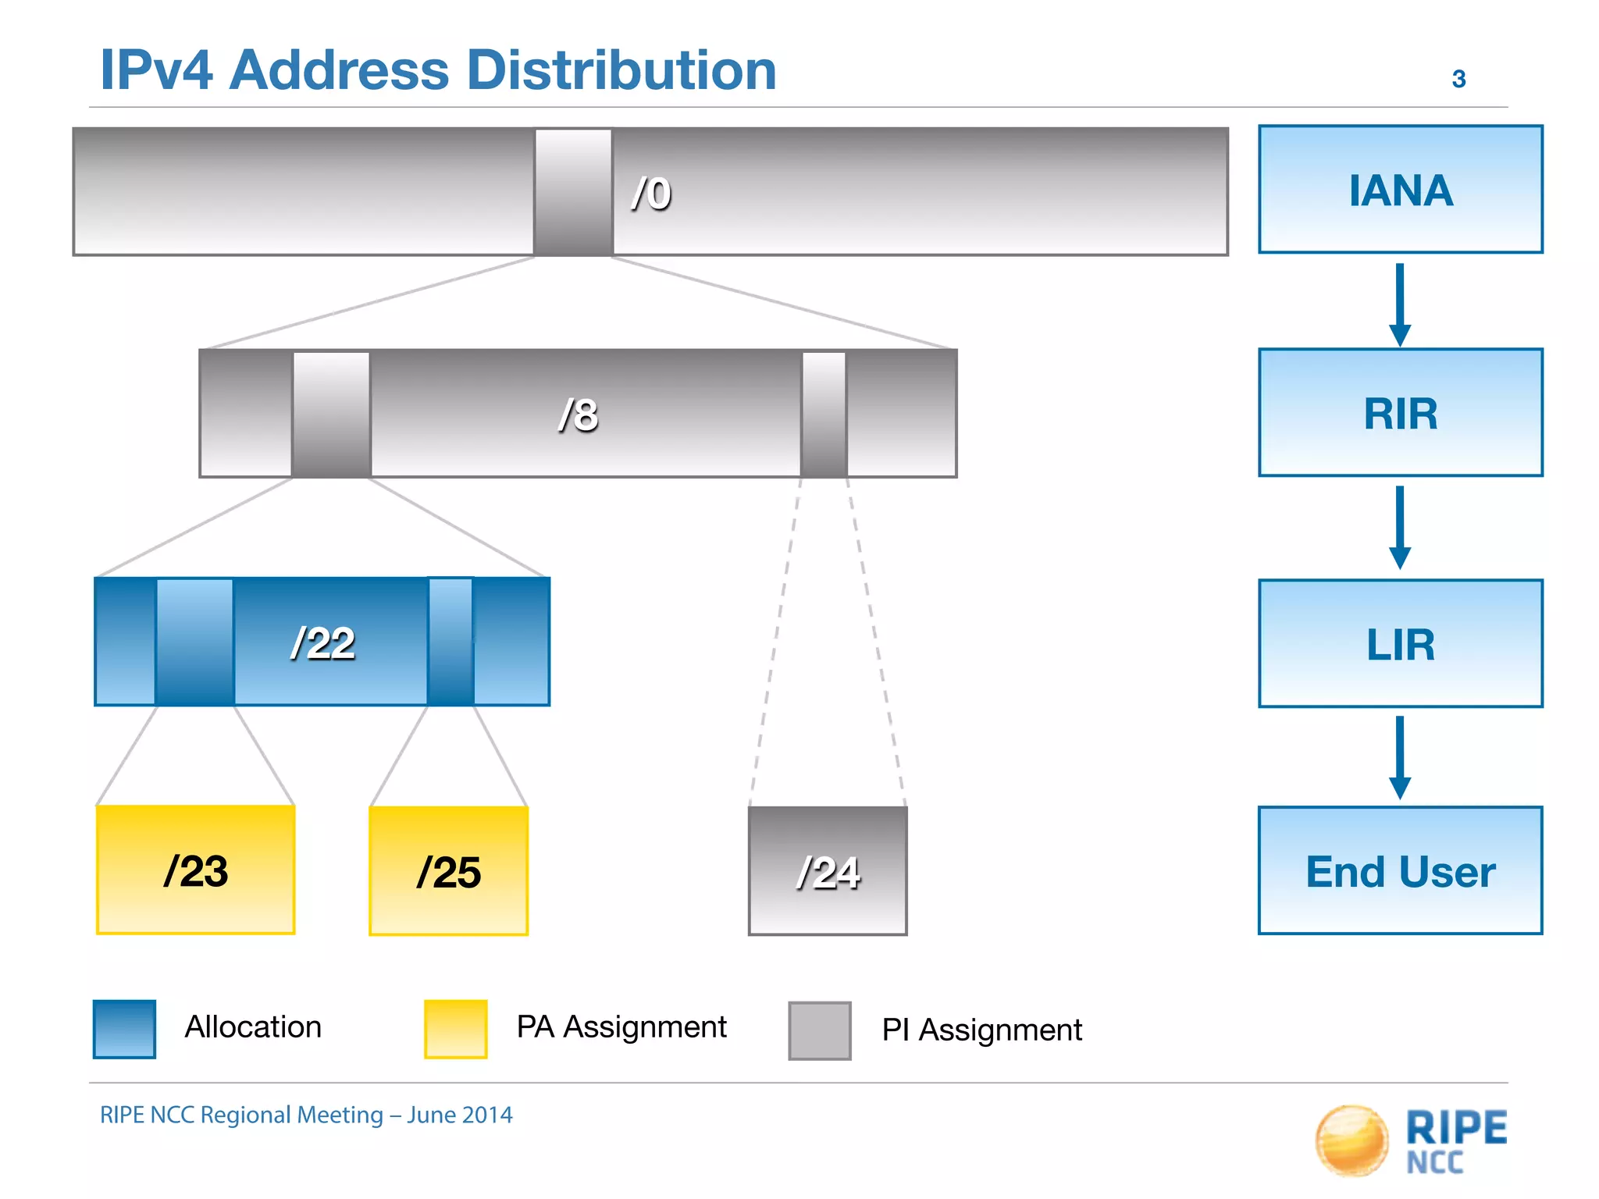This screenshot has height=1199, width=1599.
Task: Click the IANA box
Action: pyautogui.click(x=1400, y=190)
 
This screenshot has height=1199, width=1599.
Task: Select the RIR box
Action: pyautogui.click(x=1400, y=413)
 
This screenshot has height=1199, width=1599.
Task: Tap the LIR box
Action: pyautogui.click(x=1400, y=644)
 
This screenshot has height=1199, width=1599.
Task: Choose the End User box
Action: pyautogui.click(x=1400, y=870)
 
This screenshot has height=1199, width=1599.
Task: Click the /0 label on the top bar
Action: pyautogui.click(x=651, y=194)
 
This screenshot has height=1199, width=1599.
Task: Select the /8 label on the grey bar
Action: pyautogui.click(x=579, y=414)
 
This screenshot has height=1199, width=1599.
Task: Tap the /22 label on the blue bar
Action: pyautogui.click(x=322, y=644)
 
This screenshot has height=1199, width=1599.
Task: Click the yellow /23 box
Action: pyautogui.click(x=195, y=870)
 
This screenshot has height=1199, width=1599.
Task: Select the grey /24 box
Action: pyautogui.click(x=828, y=871)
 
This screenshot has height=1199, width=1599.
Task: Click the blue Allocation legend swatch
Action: pyautogui.click(x=124, y=1029)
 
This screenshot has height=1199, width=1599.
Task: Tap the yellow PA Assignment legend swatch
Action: pyautogui.click(x=455, y=1029)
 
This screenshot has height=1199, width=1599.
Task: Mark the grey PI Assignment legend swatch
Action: pyautogui.click(x=819, y=1030)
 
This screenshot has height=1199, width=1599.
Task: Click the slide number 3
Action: pyautogui.click(x=1458, y=79)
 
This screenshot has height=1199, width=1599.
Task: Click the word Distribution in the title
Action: pyautogui.click(x=621, y=70)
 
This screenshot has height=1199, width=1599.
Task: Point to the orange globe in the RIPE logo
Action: pyautogui.click(x=1351, y=1140)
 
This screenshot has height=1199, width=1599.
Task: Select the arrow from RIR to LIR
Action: pyautogui.click(x=1400, y=527)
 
